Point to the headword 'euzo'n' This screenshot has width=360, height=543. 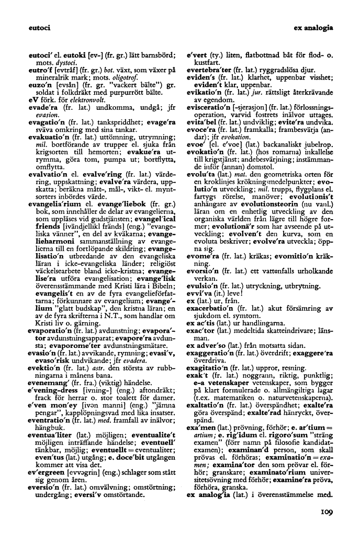pyautogui.click(x=39, y=84)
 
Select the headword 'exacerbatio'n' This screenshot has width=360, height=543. pyautogui.click(x=212, y=309)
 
